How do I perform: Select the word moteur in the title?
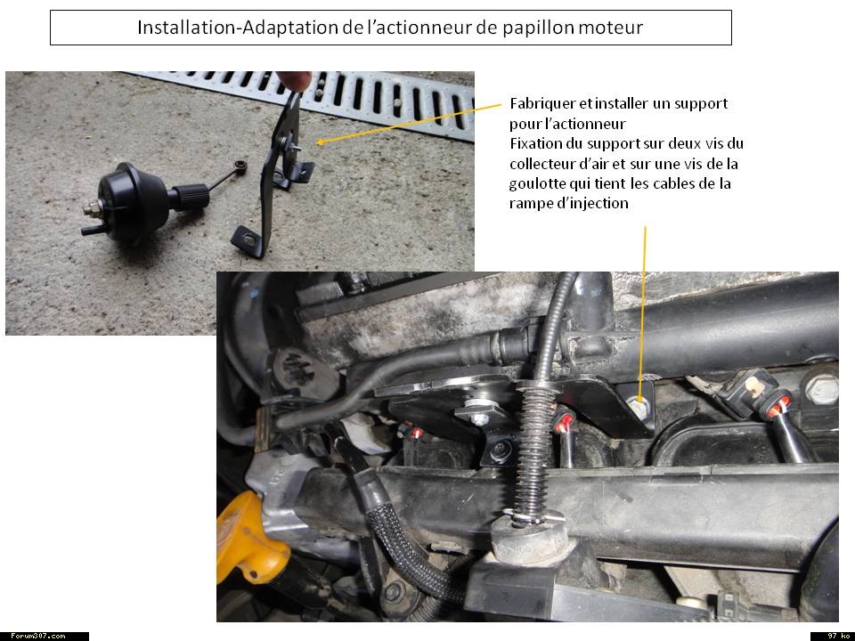point(611,28)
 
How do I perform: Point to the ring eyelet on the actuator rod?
point(240,166)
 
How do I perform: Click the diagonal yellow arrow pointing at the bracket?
point(409,124)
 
